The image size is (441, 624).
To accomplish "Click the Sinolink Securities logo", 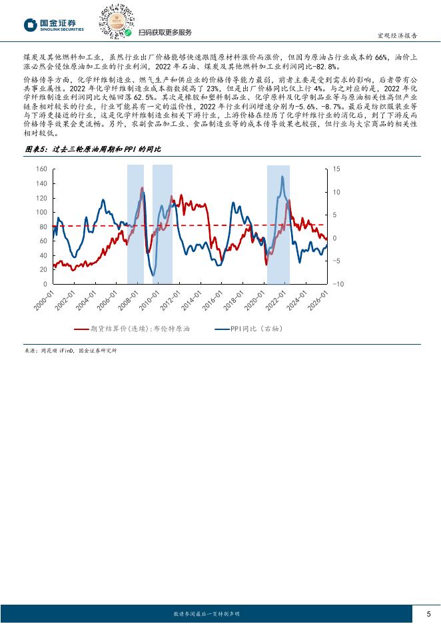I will (x=54, y=25).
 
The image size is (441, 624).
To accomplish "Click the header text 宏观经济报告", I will (x=398, y=36).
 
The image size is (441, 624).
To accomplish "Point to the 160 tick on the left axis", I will (x=41, y=169).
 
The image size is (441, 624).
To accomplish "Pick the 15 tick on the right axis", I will (x=336, y=169).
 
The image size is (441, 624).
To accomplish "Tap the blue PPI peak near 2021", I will (x=282, y=177).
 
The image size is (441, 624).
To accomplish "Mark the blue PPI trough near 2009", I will (x=153, y=275).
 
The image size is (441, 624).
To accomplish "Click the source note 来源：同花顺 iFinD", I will (x=67, y=350).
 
